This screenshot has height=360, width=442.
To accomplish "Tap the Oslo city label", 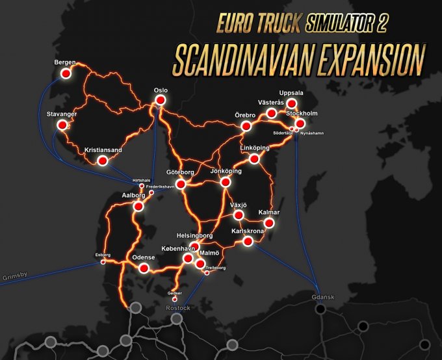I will [x=161, y=91].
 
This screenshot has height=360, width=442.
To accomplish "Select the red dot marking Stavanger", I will [x=62, y=125].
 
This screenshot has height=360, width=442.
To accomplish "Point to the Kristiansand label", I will [x=103, y=150].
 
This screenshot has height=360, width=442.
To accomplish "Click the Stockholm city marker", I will [x=300, y=123].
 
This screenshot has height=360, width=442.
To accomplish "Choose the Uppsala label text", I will [x=291, y=92].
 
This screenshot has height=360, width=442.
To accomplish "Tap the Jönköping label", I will [x=226, y=171].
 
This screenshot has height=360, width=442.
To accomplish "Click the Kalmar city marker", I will [x=269, y=223].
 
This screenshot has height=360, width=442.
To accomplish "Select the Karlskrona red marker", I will [x=247, y=241].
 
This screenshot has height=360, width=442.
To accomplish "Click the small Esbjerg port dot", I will [x=103, y=263].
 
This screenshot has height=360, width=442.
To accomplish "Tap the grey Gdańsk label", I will [x=323, y=297].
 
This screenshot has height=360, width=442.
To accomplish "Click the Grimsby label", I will [x=14, y=276].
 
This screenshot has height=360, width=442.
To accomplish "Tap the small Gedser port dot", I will [x=174, y=299].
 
